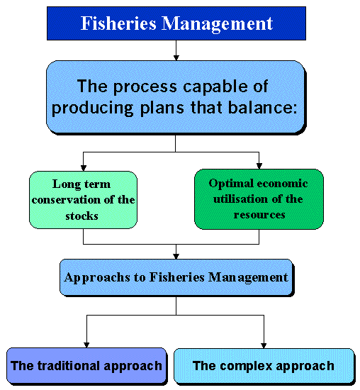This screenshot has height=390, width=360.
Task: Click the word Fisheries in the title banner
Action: (x=118, y=23)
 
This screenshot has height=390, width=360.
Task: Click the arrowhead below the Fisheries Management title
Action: (x=176, y=57)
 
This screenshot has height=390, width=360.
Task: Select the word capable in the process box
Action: (x=215, y=87)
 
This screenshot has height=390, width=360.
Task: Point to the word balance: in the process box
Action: (x=262, y=108)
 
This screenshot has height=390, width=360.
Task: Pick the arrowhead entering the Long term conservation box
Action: (x=84, y=168)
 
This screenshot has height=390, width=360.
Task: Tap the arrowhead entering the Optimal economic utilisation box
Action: (x=259, y=166)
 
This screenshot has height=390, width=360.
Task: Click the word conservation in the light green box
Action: (x=66, y=200)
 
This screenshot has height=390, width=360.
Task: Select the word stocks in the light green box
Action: (x=81, y=216)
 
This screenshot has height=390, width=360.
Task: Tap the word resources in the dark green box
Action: (x=259, y=215)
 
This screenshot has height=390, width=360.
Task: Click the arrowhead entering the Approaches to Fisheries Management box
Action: (x=176, y=256)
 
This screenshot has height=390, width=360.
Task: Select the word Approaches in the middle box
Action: (x=97, y=277)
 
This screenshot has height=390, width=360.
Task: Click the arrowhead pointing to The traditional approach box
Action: (x=86, y=345)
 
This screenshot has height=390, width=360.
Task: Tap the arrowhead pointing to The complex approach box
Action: (x=264, y=345)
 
